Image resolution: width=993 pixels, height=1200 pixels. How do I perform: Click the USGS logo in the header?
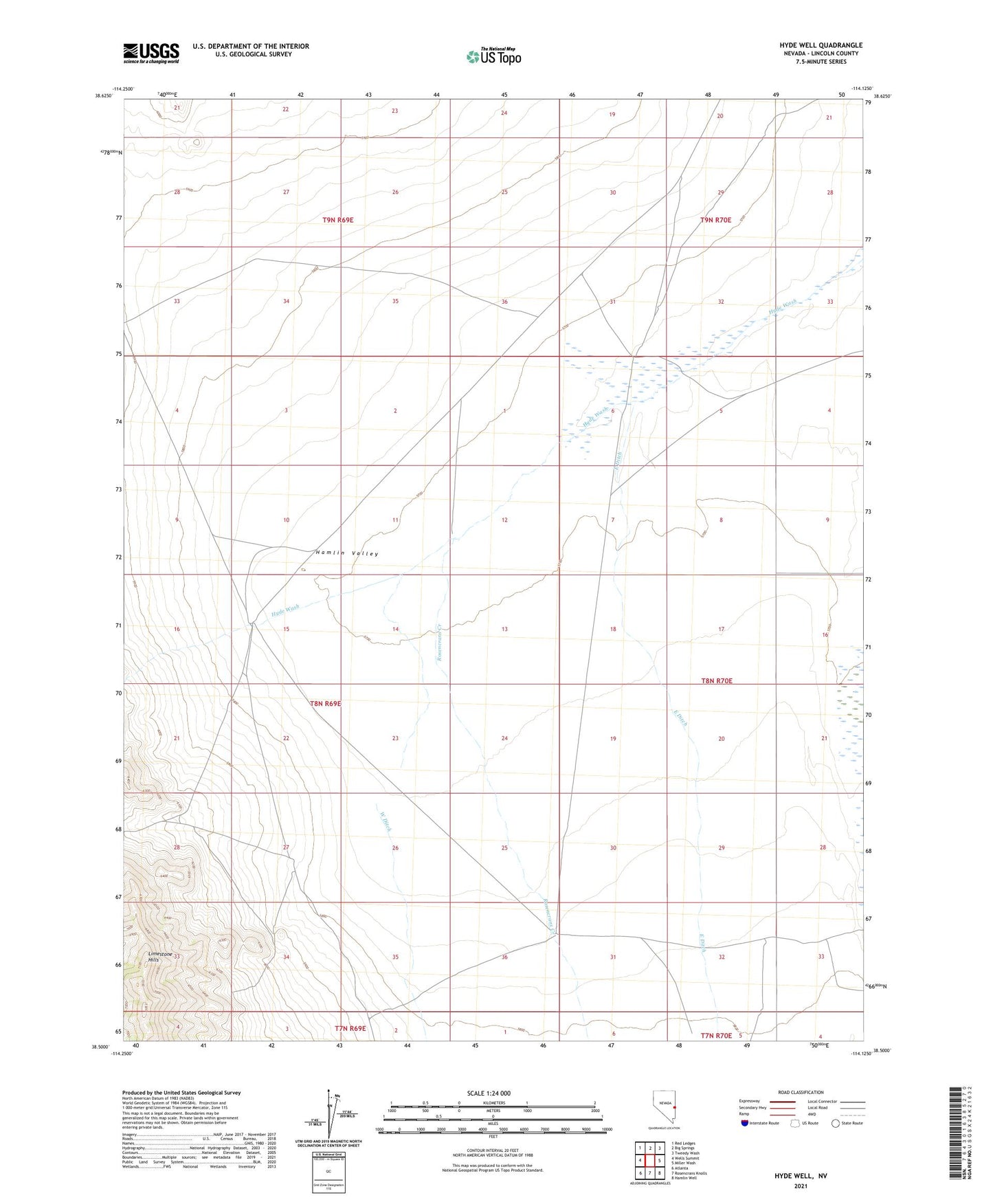pos(151,53)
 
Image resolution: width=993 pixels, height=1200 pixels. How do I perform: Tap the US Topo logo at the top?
pos(493,56)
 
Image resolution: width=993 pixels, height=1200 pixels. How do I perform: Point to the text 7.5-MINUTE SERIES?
pos(821,62)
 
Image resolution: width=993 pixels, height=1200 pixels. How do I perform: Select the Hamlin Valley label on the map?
pos(347,553)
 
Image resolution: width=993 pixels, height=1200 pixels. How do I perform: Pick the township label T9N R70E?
pos(716,221)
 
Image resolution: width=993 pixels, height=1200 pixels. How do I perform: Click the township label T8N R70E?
pos(717,681)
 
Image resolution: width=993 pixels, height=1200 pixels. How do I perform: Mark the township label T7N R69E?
pos(350,1028)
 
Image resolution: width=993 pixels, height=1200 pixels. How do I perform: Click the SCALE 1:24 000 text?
pos(489,1093)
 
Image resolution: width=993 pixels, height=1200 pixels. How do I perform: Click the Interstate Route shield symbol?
pos(745,1123)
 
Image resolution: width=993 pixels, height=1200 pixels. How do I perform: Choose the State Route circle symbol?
pos(836,1123)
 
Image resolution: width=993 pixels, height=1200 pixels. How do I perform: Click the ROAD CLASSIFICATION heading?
pos(801,1092)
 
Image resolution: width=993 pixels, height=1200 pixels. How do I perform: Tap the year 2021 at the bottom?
pos(801,1186)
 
